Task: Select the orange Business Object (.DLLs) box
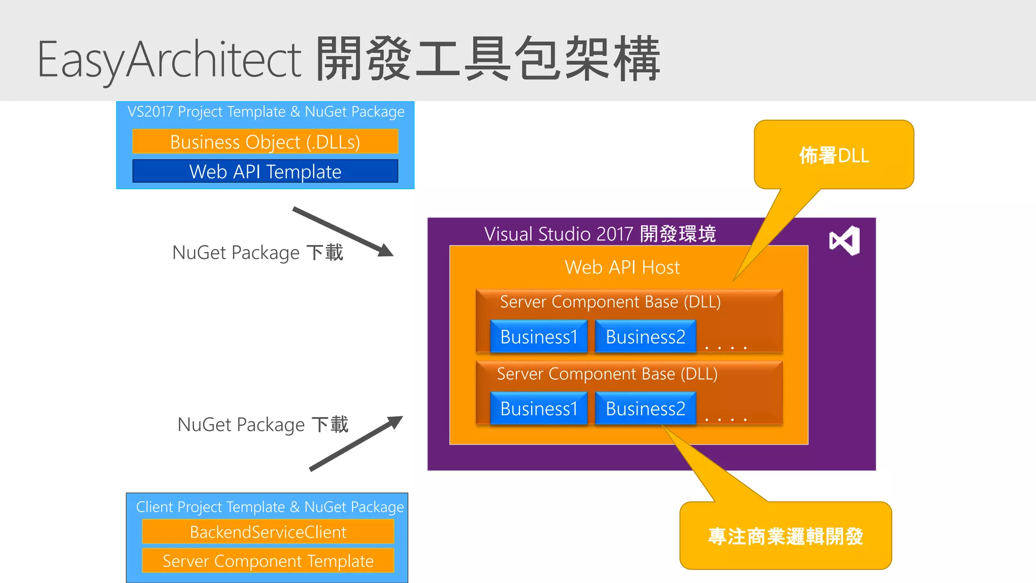(265, 142)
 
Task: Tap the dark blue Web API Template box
(265, 172)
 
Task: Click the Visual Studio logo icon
(844, 240)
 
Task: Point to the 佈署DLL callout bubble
(834, 155)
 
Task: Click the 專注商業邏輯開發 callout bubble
(785, 536)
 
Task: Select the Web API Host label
(622, 267)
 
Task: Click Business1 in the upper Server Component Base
(539, 337)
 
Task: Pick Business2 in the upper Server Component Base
(645, 337)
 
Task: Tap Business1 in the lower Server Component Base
(539, 408)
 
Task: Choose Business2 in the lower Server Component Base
(645, 408)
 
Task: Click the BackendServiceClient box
(268, 532)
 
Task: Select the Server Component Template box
(268, 561)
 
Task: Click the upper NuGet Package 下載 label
(257, 253)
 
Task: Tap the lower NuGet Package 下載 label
(263, 425)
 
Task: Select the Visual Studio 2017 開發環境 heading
(600, 234)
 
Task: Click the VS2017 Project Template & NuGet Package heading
(266, 111)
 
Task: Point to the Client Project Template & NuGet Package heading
(270, 507)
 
